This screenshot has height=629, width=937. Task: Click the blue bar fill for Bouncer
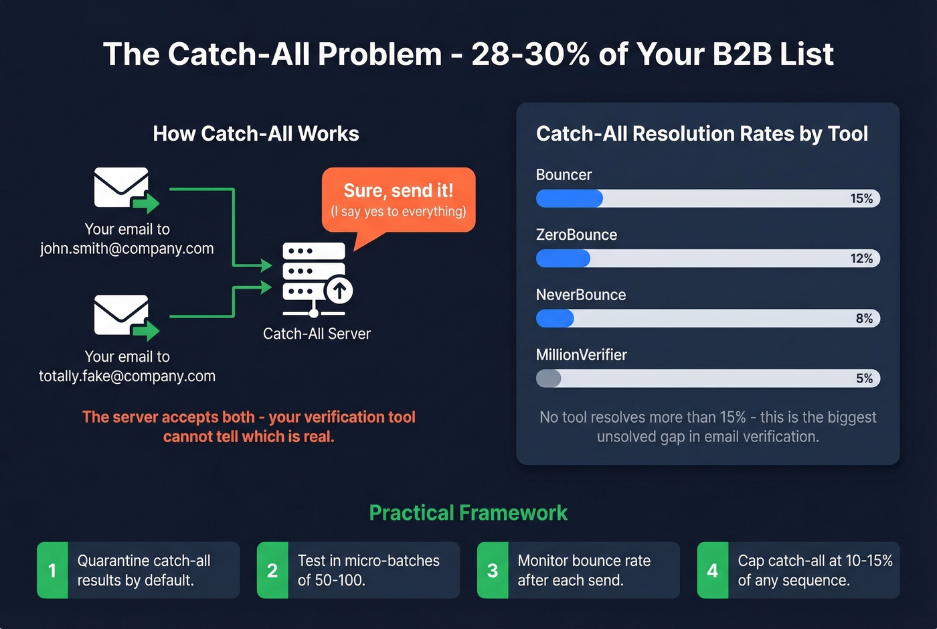point(569,198)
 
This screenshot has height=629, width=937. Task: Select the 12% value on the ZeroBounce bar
point(861,259)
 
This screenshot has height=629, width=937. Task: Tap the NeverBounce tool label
point(581,295)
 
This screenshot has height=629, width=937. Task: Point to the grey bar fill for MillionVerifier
point(548,378)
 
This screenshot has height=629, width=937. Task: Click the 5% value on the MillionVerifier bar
point(864,378)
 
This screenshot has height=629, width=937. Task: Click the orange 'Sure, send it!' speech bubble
point(399,200)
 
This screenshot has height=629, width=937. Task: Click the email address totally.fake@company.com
point(127,376)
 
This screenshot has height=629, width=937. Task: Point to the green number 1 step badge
point(52,570)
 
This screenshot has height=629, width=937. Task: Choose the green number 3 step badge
point(493,570)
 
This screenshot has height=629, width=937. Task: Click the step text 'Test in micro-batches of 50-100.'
point(368,570)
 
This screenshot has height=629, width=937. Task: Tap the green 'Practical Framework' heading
point(468,513)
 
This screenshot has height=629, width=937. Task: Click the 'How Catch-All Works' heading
point(256,134)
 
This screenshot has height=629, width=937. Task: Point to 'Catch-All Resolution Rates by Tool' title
point(702,134)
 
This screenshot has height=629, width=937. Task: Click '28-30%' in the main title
point(530,54)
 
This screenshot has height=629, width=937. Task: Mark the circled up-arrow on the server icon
point(339,291)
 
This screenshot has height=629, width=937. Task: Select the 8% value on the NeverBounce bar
point(864,318)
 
